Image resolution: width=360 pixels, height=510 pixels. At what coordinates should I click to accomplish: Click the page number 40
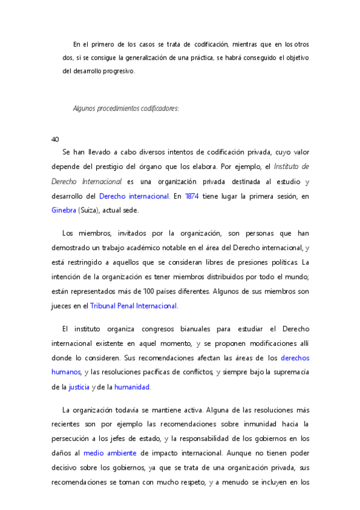click(55, 139)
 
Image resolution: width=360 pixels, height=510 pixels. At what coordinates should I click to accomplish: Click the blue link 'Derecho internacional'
click(133, 195)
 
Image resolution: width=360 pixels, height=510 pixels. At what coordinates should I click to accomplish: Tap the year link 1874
click(192, 195)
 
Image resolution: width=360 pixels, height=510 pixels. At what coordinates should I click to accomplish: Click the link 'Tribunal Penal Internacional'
click(133, 306)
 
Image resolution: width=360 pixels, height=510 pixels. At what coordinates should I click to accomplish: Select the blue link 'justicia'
click(79, 387)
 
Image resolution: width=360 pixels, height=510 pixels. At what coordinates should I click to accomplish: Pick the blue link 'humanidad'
click(132, 387)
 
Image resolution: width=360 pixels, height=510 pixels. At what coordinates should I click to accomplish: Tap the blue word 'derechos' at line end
click(295, 358)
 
